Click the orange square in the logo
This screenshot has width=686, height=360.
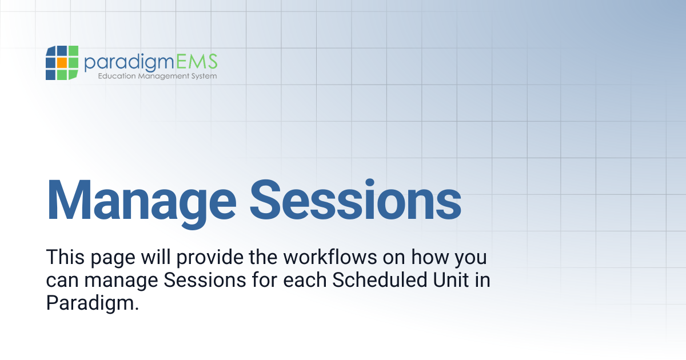62,62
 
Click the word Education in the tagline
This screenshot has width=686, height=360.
117,76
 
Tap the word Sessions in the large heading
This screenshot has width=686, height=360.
355,201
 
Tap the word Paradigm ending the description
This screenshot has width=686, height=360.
93,303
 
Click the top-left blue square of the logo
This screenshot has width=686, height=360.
50,51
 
